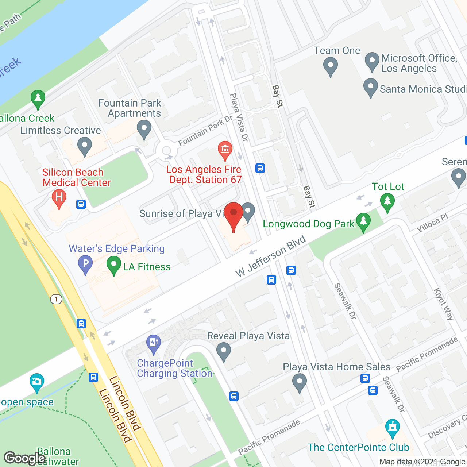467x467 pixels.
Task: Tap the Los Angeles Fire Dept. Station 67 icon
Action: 225,150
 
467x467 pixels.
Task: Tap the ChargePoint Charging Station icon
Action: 154,343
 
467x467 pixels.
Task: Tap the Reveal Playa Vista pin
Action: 224,352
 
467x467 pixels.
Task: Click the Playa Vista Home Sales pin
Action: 300,383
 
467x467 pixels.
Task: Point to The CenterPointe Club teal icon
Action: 393,428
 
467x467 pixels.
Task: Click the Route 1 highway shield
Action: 56,299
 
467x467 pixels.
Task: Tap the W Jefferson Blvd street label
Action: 270,256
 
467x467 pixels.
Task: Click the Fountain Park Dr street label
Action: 205,131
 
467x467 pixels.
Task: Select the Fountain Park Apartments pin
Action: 144,130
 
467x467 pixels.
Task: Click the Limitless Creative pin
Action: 85,147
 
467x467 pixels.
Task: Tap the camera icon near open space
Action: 36,382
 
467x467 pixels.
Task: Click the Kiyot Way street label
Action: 444,304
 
